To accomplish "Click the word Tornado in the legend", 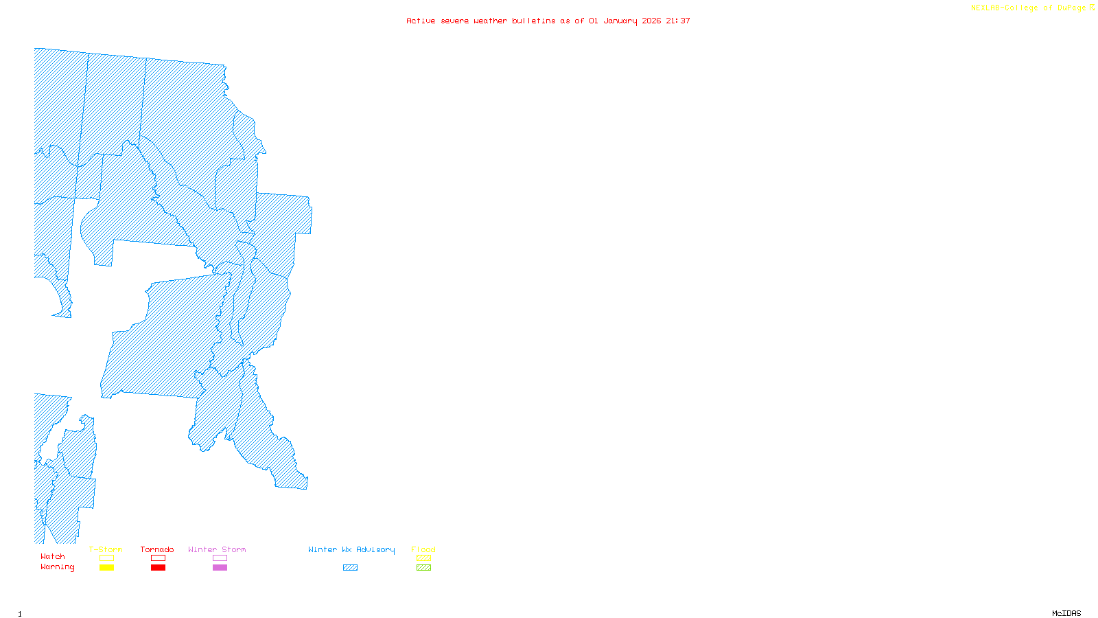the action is click(157, 549).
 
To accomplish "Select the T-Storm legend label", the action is click(106, 549).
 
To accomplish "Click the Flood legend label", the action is click(423, 549).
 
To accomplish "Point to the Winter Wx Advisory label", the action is click(351, 549).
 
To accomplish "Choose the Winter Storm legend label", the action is click(217, 549).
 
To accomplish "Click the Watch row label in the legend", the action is click(53, 557).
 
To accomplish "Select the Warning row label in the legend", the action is click(58, 567).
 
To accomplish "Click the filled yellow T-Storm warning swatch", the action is click(106, 568).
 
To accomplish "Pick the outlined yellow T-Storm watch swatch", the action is click(106, 558).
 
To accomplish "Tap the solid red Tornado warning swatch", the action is click(158, 568).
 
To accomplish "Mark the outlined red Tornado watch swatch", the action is click(158, 558).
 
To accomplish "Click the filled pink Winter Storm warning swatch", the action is click(220, 568).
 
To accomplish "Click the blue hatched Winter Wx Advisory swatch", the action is click(350, 568).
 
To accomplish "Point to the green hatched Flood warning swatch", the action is click(423, 568).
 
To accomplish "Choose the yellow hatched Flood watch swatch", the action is click(423, 558).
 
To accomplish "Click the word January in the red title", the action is click(620, 21).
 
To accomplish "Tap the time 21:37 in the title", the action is click(678, 21).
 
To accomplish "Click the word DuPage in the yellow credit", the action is click(1072, 8).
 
